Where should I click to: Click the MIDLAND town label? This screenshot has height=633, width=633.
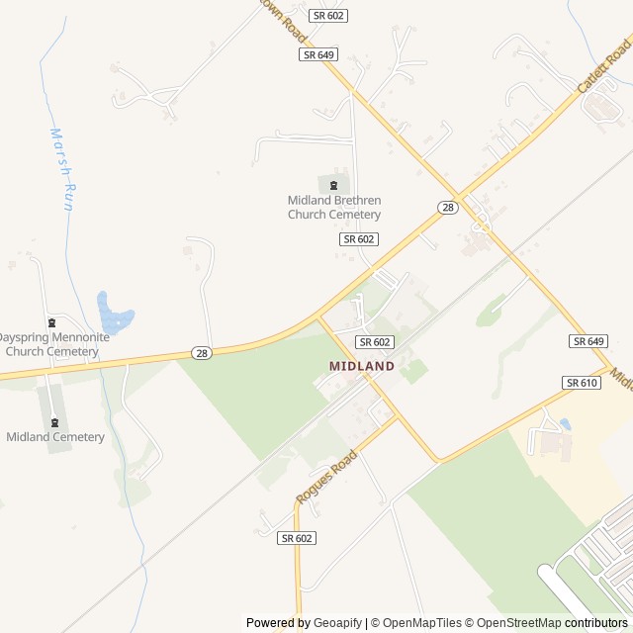[x=362, y=366]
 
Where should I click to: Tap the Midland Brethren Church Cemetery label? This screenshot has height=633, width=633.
[x=334, y=208]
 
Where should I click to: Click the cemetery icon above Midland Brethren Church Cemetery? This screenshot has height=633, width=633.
[x=334, y=184]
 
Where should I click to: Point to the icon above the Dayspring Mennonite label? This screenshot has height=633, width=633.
[x=52, y=321]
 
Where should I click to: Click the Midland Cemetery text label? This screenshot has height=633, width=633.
[x=55, y=437]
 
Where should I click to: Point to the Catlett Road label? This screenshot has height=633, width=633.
[x=604, y=70]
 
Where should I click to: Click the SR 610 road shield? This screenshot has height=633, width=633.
[x=582, y=383]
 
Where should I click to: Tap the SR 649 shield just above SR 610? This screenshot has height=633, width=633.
[x=588, y=341]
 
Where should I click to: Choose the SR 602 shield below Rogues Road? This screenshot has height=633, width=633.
[x=297, y=538]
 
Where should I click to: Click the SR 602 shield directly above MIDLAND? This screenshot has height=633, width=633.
[x=375, y=342]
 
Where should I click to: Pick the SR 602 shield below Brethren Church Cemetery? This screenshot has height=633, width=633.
[x=359, y=239]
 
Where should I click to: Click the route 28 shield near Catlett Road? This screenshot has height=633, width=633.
[x=448, y=207]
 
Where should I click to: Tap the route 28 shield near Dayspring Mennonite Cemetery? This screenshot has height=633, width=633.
[x=201, y=353]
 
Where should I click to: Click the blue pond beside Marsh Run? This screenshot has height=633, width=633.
[x=114, y=314]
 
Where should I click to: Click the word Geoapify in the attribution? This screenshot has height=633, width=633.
[x=337, y=623]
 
